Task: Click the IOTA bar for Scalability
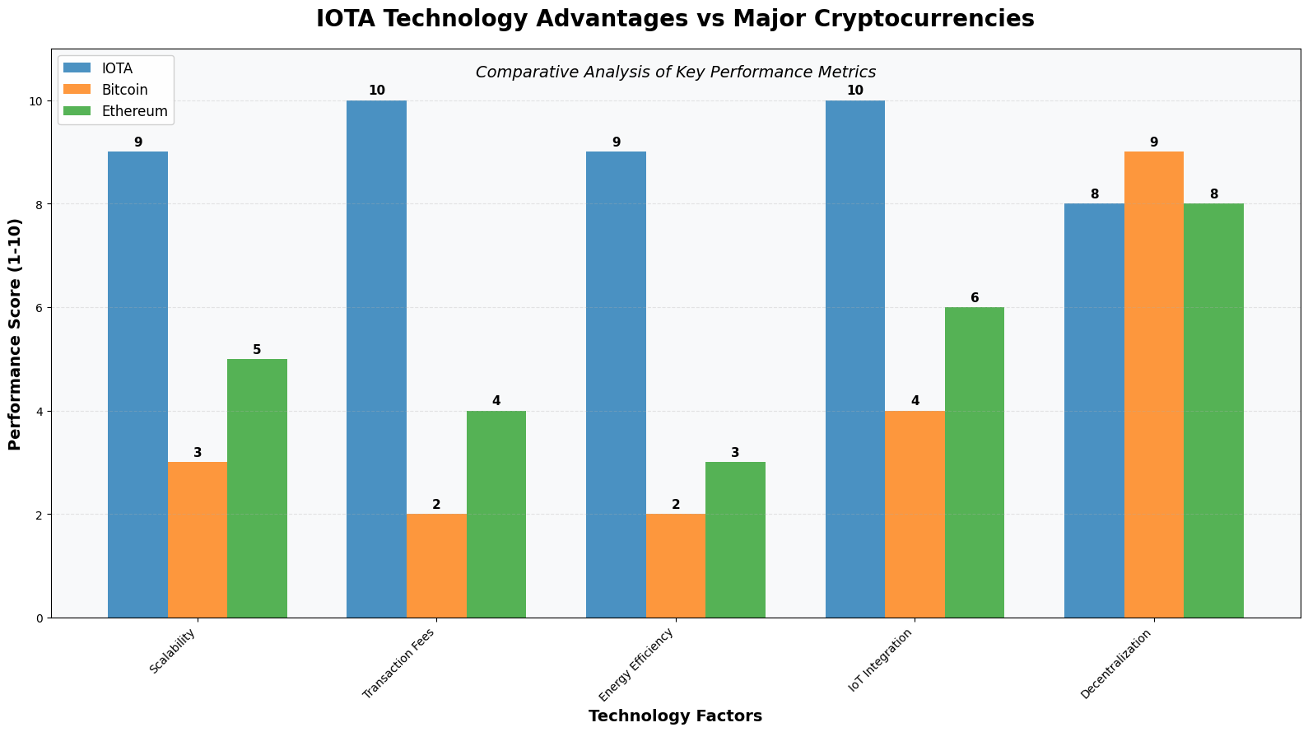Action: click(x=137, y=385)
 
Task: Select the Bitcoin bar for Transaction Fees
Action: click(x=436, y=566)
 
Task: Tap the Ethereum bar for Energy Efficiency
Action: click(x=735, y=539)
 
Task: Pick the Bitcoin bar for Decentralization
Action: click(x=1153, y=385)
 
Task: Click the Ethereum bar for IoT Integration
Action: click(x=974, y=462)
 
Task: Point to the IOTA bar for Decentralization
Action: click(x=1094, y=410)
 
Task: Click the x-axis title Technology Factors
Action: click(x=675, y=716)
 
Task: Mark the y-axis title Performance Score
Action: click(x=15, y=333)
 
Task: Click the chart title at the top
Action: click(x=675, y=19)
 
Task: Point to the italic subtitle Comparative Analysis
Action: click(x=675, y=72)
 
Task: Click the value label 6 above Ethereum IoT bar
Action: click(x=975, y=298)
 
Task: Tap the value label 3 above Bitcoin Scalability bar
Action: click(x=198, y=453)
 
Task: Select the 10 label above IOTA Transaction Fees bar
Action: click(x=377, y=91)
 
